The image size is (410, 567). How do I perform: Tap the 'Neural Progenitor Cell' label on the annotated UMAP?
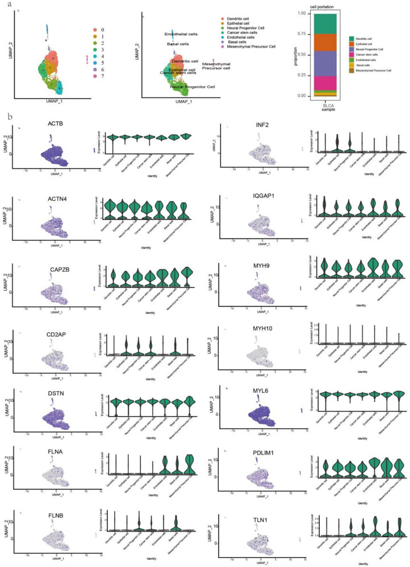click(x=192, y=87)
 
